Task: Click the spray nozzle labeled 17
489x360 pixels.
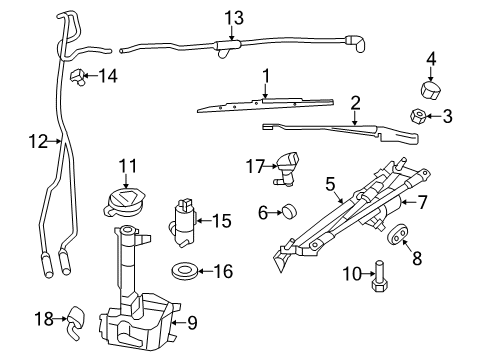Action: coord(289,165)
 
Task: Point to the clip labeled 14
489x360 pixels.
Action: coord(76,75)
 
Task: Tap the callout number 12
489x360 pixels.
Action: coord(37,142)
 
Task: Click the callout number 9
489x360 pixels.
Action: coord(194,322)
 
